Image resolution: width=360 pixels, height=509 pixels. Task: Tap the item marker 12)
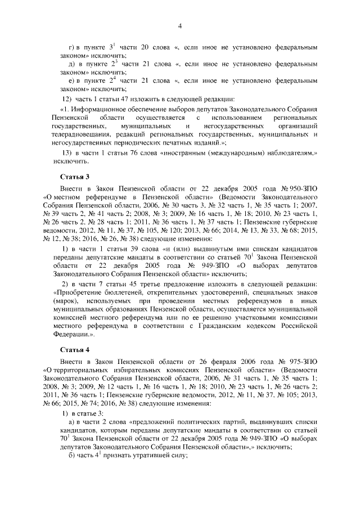(67, 100)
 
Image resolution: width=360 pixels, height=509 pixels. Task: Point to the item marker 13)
(67, 153)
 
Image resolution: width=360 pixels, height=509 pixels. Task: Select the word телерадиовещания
(76, 135)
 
